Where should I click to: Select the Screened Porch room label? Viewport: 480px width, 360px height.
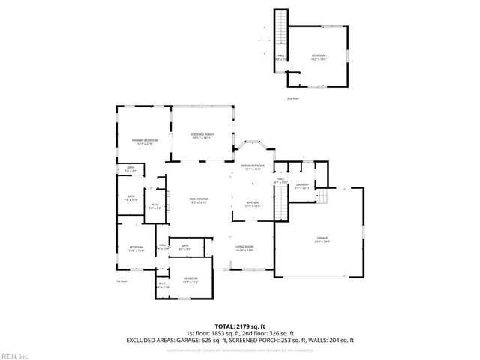[x=202, y=136]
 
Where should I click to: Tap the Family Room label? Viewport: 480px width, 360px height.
[x=198, y=200]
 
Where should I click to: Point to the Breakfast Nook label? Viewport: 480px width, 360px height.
[x=251, y=167]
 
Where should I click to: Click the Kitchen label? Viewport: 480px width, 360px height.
[x=253, y=203]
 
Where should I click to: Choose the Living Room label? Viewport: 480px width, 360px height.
[x=245, y=248]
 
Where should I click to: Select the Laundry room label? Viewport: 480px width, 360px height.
[x=302, y=186]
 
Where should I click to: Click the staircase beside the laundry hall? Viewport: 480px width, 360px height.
[x=281, y=203]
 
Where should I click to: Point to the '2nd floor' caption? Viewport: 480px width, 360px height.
[x=292, y=98]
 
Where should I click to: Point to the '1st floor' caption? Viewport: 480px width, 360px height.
[x=121, y=281]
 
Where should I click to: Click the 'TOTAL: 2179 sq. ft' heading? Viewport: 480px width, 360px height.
[x=240, y=327]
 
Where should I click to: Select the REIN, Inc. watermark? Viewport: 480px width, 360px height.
[x=14, y=355]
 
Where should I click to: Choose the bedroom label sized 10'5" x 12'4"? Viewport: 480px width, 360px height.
[x=136, y=249]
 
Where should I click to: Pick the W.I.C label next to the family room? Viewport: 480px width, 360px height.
[x=154, y=207]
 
